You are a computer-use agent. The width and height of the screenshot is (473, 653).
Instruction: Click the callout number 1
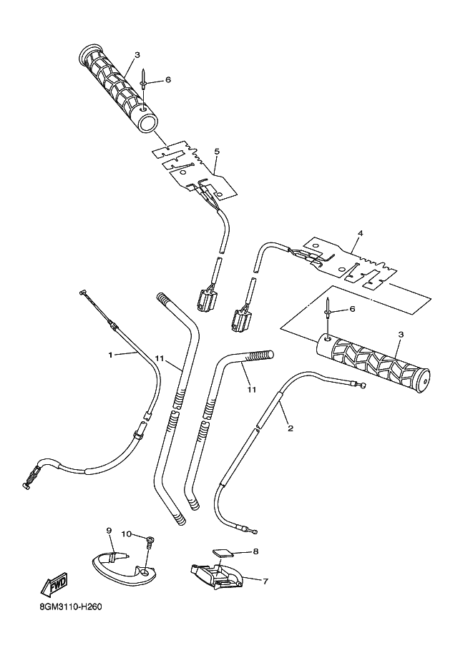(x=111, y=354)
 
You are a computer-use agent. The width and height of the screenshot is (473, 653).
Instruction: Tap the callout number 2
(x=290, y=428)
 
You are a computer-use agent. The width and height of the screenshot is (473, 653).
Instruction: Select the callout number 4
(x=361, y=233)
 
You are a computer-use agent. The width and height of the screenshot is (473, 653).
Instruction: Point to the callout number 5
(x=216, y=152)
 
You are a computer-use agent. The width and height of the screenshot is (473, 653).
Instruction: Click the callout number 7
(x=265, y=581)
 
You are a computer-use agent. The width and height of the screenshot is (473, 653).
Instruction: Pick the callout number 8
(x=255, y=551)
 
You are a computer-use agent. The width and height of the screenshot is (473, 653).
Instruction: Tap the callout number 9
(x=109, y=530)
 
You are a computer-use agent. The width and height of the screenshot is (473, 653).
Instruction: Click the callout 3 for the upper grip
(x=137, y=54)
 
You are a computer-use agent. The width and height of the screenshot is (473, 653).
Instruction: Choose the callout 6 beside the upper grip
(x=167, y=80)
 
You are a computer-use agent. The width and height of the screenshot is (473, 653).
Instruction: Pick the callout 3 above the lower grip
(x=400, y=334)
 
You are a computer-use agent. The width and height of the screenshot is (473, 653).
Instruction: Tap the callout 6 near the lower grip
(x=351, y=309)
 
